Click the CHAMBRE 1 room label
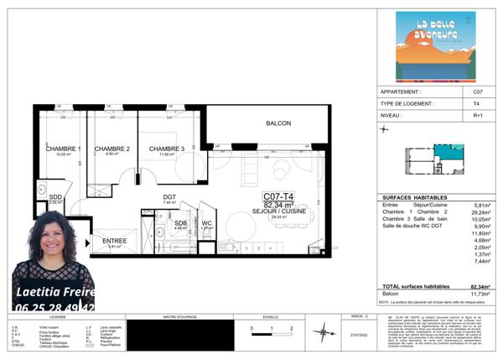coord(63,149)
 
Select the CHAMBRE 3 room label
coord(166,149)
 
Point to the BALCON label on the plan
coord(267,123)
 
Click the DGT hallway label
coord(169,197)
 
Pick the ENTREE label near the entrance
coord(115,241)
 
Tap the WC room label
coord(206,223)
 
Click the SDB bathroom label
coord(180,223)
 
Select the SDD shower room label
coord(55,196)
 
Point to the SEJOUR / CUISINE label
coord(277,210)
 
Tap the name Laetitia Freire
coord(53,292)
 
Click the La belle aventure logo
coord(435,46)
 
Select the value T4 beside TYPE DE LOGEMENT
coord(478,104)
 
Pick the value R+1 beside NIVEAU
coord(478,117)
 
